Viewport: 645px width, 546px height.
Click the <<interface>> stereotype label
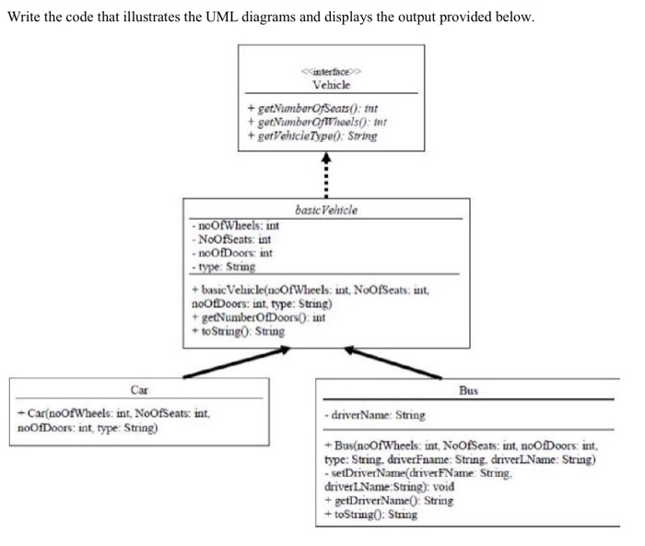click(331, 71)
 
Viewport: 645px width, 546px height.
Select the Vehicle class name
click(331, 84)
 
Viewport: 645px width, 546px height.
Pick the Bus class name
click(467, 390)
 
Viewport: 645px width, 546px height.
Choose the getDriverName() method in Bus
click(387, 501)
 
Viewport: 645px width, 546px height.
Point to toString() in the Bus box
click(369, 514)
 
